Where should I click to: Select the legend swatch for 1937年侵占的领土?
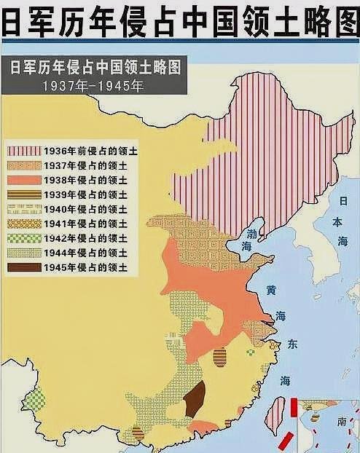[x=25, y=166]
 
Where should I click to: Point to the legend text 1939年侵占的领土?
[x=90, y=196]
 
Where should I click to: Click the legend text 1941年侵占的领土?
[x=90, y=224]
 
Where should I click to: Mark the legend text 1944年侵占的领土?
[x=90, y=253]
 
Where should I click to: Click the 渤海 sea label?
[x=249, y=241]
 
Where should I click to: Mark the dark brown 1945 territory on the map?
[x=194, y=400]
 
